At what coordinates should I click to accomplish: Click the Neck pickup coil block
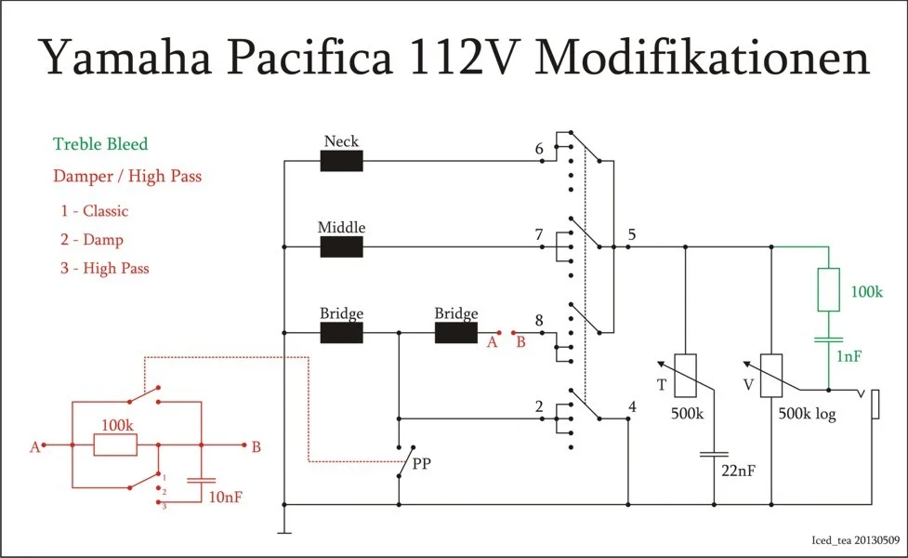pyautogui.click(x=341, y=161)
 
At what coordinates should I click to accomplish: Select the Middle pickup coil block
pyautogui.click(x=341, y=246)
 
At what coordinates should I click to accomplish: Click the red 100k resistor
pyautogui.click(x=115, y=445)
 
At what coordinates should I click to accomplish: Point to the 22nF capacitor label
pyautogui.click(x=738, y=471)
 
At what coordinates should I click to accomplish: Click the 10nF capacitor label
pyautogui.click(x=226, y=498)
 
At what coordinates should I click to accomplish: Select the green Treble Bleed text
pyautogui.click(x=100, y=144)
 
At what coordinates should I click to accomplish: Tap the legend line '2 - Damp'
pyautogui.click(x=92, y=239)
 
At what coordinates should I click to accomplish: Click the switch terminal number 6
pyautogui.click(x=539, y=149)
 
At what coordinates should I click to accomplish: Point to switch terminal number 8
pyautogui.click(x=539, y=321)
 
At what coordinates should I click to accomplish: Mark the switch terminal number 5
pyautogui.click(x=632, y=233)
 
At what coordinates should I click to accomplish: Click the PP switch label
pyautogui.click(x=421, y=461)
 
